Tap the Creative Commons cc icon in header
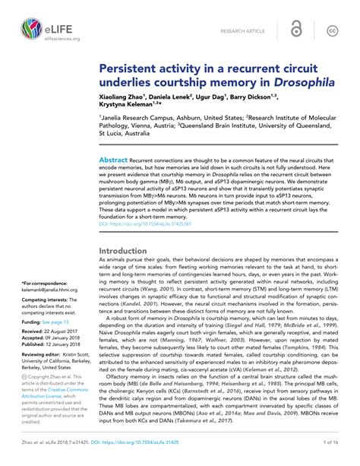pyautogui.click(x=332, y=30)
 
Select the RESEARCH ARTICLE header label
pyautogui.click(x=242, y=30)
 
